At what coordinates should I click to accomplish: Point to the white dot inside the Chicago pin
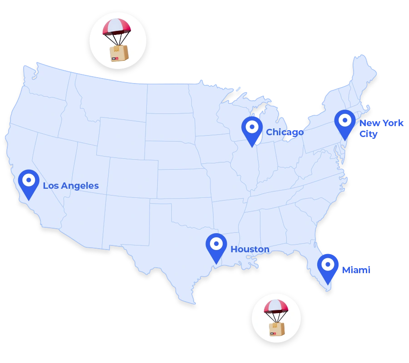pos(252,127)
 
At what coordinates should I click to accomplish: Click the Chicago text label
pos(284,132)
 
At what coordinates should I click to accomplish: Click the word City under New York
pos(368,134)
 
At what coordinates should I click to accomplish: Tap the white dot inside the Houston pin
pos(216,244)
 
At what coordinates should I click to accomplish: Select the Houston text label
pos(249,249)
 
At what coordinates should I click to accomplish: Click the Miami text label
pos(356,270)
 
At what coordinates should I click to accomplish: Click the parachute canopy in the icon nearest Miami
pos(276,306)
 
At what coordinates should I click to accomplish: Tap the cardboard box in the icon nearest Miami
pos(276,329)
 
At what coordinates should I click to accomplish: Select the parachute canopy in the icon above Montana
pos(117,27)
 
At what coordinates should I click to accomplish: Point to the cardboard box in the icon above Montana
pos(119,53)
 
